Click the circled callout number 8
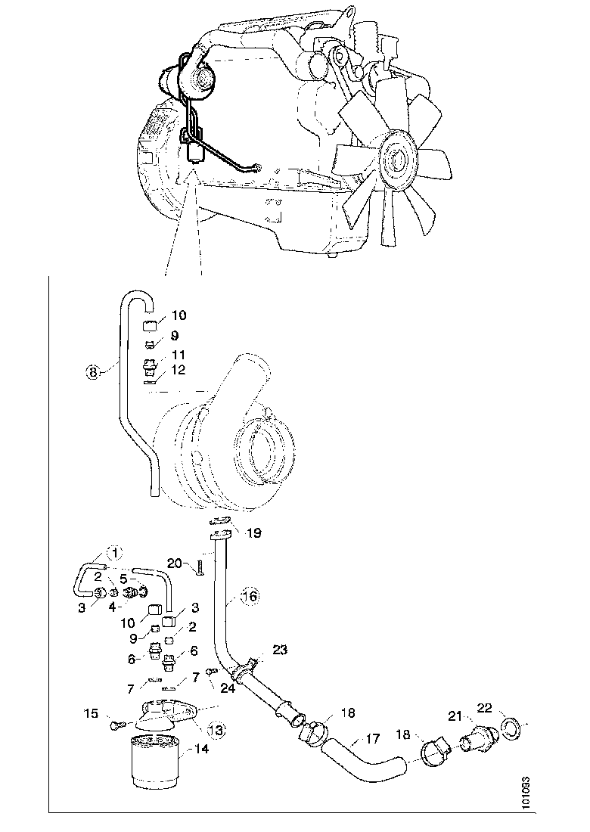[92, 371]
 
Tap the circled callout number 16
[250, 597]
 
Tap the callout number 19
[254, 532]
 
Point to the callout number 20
[175, 563]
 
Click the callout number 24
[228, 688]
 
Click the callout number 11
[179, 353]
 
